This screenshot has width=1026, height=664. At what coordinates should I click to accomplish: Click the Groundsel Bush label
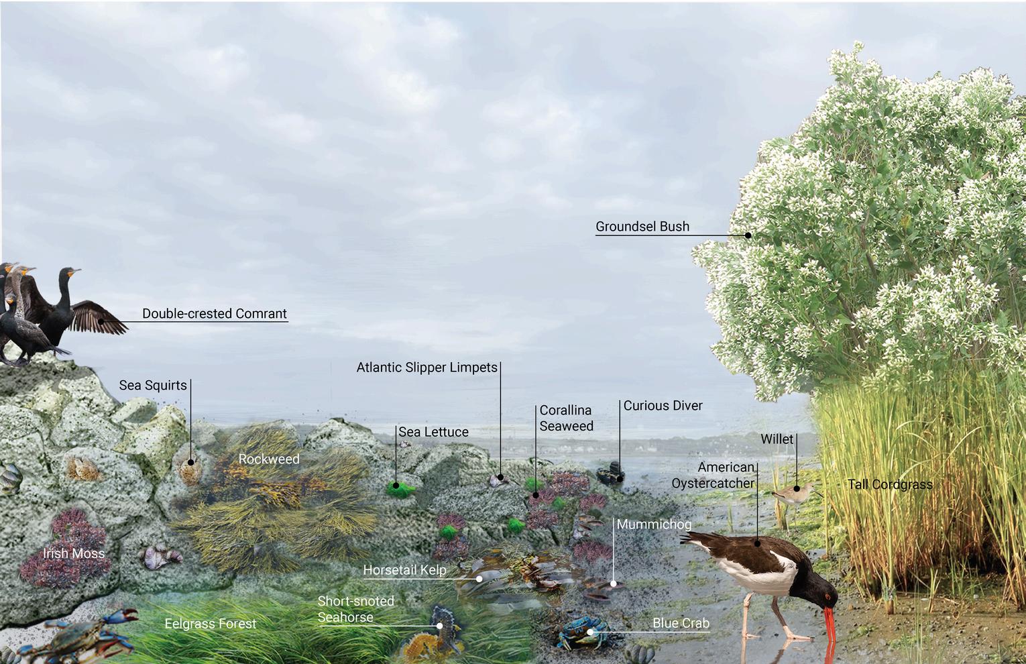click(642, 227)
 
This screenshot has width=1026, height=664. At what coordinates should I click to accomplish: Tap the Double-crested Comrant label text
click(214, 313)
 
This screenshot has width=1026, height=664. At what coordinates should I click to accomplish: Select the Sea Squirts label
click(153, 385)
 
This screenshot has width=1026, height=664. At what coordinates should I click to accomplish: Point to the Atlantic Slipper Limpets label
click(426, 368)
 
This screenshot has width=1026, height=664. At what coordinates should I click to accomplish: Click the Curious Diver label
click(663, 406)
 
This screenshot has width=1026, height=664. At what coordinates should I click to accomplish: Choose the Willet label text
click(777, 439)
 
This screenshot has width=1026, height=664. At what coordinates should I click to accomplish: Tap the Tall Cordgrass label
click(889, 484)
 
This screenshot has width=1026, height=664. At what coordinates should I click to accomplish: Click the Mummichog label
click(654, 524)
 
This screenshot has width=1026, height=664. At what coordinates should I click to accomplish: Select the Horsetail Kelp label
click(404, 571)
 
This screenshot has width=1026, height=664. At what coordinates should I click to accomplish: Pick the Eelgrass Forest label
click(211, 624)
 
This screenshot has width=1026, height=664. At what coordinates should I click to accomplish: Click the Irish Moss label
click(74, 553)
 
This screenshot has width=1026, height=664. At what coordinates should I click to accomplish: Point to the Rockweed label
click(269, 459)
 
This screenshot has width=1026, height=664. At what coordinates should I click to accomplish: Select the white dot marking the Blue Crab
click(590, 631)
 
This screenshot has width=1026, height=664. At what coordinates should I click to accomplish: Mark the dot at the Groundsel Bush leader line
click(748, 235)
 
